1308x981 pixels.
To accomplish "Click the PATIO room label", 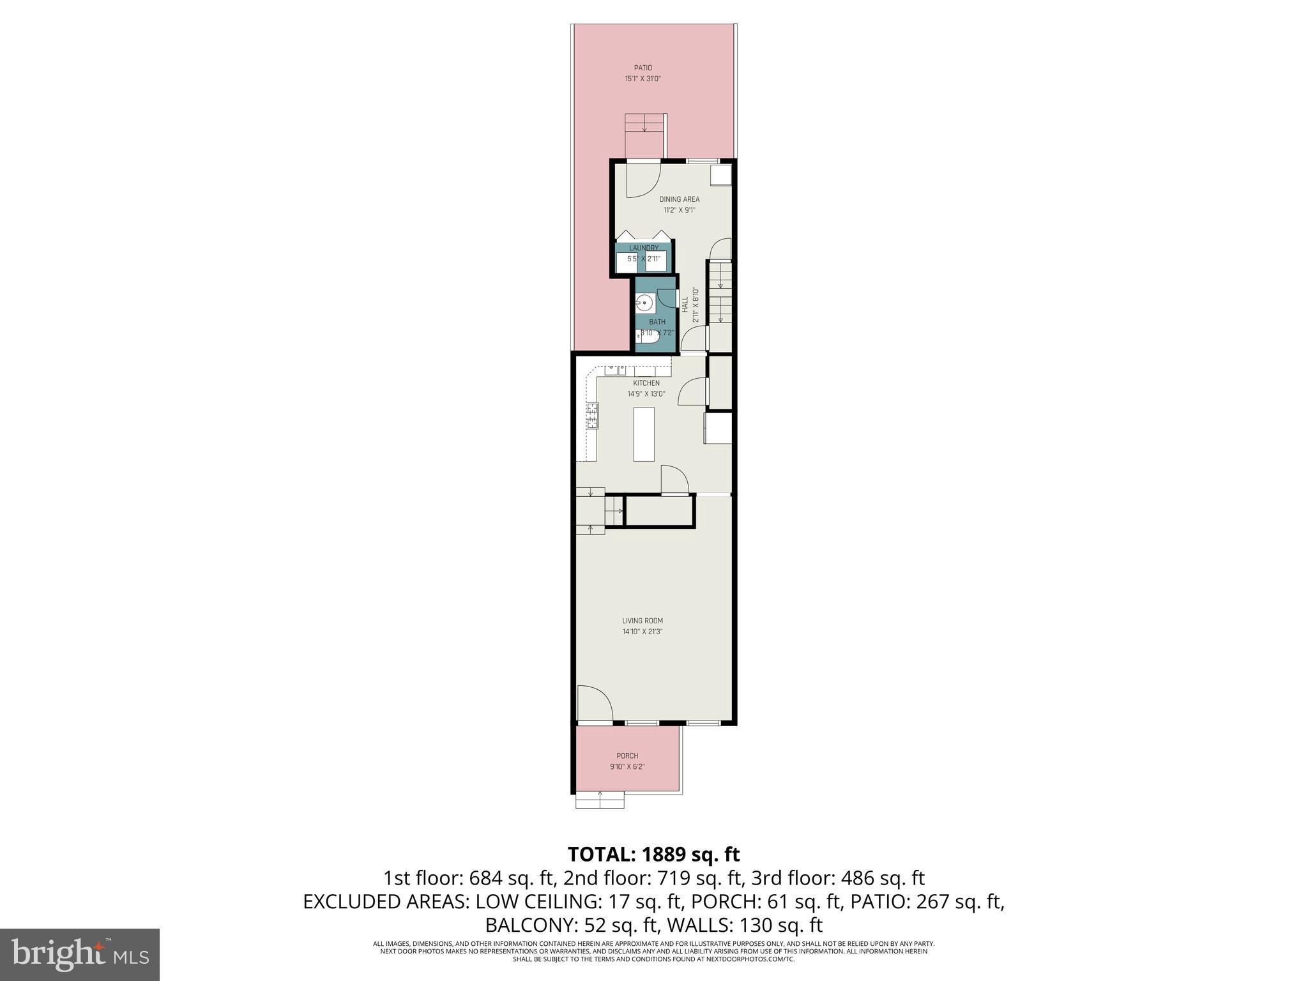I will click(x=643, y=68).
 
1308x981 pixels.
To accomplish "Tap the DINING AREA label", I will click(x=679, y=199).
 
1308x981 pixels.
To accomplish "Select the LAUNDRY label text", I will click(x=643, y=248).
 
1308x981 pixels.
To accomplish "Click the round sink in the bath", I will click(x=645, y=303).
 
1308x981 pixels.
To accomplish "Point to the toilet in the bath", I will click(x=646, y=333).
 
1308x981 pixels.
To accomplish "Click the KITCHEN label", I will click(x=646, y=383).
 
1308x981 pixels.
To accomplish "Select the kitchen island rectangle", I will click(x=644, y=434).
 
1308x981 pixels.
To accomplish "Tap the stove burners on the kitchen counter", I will click(x=146, y=416).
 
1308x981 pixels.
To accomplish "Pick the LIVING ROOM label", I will click(x=643, y=621).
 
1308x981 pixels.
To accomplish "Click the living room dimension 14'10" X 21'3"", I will click(x=643, y=632).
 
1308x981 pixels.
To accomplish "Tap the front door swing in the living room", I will click(x=594, y=704).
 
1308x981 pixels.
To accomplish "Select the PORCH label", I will click(x=627, y=756).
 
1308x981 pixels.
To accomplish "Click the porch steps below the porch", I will click(x=600, y=800).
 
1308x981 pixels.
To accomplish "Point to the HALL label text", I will click(x=685, y=304).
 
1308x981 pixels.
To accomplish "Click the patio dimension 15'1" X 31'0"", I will click(x=643, y=79).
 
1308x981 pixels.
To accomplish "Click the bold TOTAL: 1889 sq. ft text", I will click(x=653, y=854).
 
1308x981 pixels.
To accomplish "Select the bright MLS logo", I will click(x=80, y=954).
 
